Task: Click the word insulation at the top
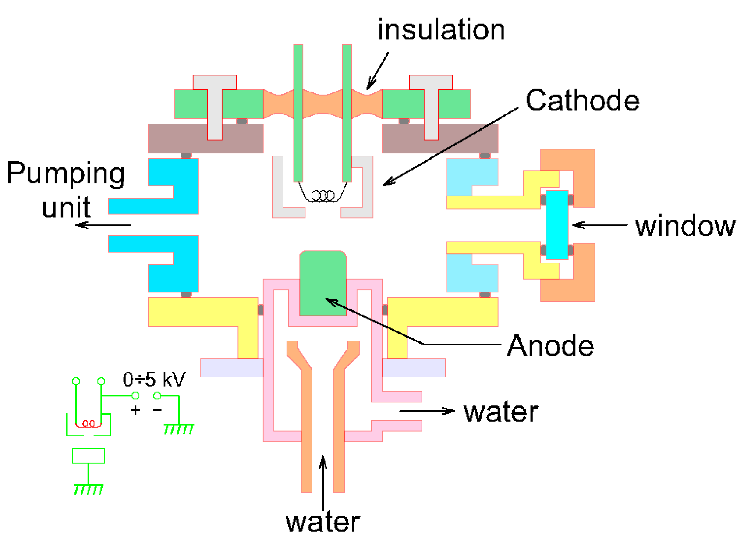tap(441, 30)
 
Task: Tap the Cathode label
tap(582, 100)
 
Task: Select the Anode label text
tap(550, 346)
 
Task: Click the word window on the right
tap(685, 226)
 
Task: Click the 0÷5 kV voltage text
tap(154, 379)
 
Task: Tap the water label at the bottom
tap(322, 522)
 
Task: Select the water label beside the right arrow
tap(501, 412)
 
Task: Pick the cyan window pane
tap(557, 224)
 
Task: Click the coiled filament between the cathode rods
tap(323, 195)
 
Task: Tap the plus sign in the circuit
tap(135, 410)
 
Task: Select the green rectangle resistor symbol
tap(89, 456)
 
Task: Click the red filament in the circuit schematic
tap(89, 424)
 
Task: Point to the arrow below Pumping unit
tap(103, 225)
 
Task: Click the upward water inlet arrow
tap(323, 482)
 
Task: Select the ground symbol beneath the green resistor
tap(89, 488)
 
